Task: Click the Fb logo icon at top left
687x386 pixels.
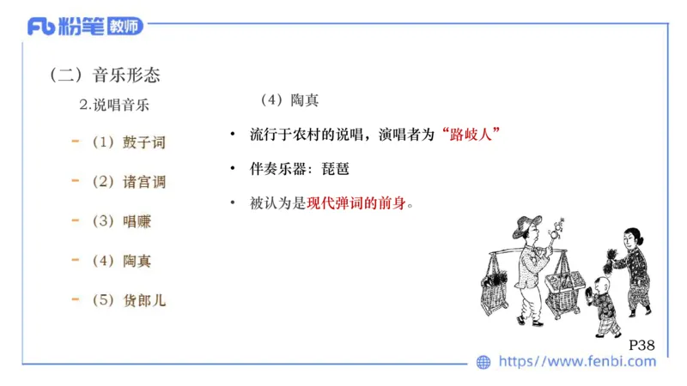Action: [x=40, y=27]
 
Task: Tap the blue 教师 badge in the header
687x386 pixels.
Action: [x=125, y=27]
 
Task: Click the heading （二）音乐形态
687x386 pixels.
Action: [x=106, y=75]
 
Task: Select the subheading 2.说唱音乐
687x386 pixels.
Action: [x=114, y=106]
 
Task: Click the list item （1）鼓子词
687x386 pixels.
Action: [x=128, y=142]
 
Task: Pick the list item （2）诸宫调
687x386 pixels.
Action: [x=128, y=182]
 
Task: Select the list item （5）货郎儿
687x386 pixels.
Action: [x=128, y=300]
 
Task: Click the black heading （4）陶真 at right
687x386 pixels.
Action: [x=289, y=100]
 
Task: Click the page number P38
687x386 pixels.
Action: [x=641, y=345]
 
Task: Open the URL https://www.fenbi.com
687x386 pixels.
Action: [x=577, y=363]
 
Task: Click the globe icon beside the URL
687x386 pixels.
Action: [x=483, y=363]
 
